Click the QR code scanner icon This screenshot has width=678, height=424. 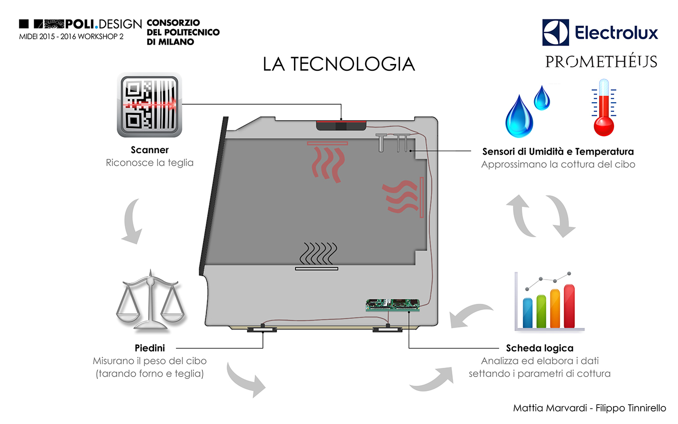[x=150, y=105]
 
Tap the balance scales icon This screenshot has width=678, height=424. [x=151, y=301]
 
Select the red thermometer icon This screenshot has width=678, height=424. [x=603, y=108]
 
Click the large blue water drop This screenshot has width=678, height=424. [x=519, y=117]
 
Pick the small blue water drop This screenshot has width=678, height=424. [x=542, y=98]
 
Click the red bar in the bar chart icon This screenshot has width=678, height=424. [x=569, y=306]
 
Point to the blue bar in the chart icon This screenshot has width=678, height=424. [x=527, y=313]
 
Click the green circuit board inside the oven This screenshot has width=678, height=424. [x=392, y=305]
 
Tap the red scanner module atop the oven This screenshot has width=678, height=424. [x=341, y=126]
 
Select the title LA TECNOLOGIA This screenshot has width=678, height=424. [x=339, y=64]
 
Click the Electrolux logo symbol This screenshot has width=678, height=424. [x=555, y=32]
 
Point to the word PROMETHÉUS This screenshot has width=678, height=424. [x=601, y=62]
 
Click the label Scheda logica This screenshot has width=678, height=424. [x=539, y=348]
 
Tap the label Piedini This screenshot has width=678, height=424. [x=150, y=348]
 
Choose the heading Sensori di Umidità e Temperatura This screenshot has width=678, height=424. [x=558, y=151]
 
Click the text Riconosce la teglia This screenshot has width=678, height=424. [x=150, y=163]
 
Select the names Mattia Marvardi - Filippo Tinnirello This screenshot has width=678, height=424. [x=589, y=408]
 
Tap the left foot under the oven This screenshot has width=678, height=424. [x=262, y=329]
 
